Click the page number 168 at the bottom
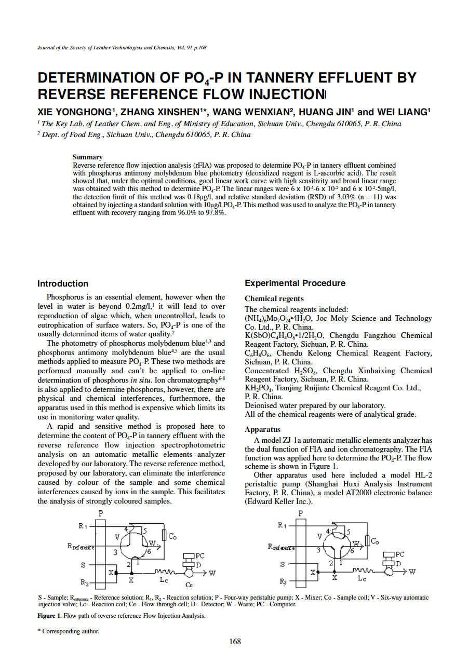click(x=235, y=642)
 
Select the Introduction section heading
click(x=62, y=283)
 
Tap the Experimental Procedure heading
click(x=295, y=283)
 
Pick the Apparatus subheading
click(x=262, y=429)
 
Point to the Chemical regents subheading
click(x=274, y=298)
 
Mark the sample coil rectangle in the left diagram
click(x=164, y=535)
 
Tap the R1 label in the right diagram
click(x=282, y=525)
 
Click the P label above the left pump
click(x=100, y=513)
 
